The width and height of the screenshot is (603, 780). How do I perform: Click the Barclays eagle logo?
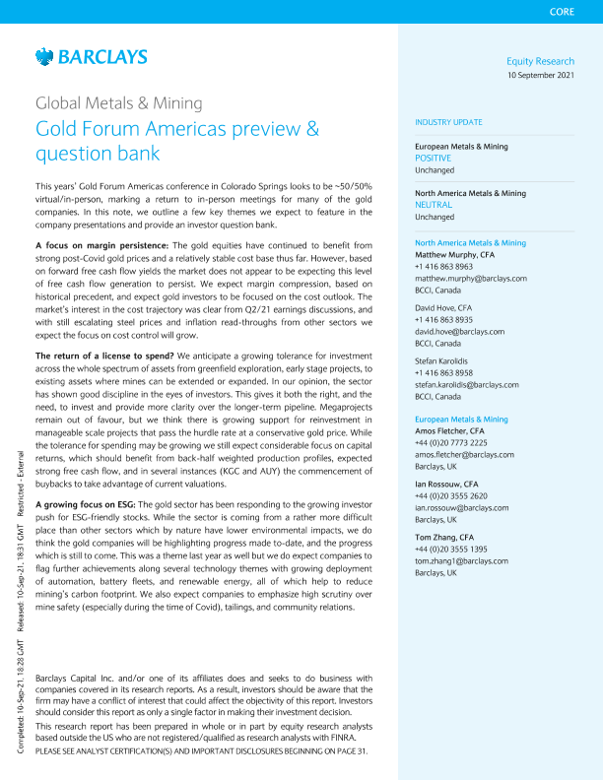point(43,57)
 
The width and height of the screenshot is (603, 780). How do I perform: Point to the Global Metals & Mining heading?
point(119,103)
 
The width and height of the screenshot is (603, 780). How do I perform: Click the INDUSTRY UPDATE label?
point(448,122)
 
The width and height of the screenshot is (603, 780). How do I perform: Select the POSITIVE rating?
point(433,158)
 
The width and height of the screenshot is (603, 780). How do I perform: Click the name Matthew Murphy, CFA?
point(454,254)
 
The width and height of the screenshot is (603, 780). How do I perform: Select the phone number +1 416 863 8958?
point(444,401)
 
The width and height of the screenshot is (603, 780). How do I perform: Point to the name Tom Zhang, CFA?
point(443,537)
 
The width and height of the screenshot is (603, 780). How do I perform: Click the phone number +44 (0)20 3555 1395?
point(450,549)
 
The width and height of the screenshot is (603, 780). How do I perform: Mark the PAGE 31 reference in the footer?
point(350,751)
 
